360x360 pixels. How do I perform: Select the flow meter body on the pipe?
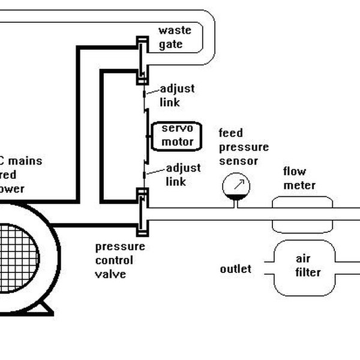click(x=302, y=214)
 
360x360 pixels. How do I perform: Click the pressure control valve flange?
click(x=142, y=213)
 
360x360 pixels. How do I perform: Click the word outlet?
click(x=236, y=269)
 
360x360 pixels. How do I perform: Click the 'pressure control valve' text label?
click(x=120, y=260)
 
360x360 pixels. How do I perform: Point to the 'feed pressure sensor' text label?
click(x=243, y=147)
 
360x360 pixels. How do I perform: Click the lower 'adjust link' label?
click(x=183, y=175)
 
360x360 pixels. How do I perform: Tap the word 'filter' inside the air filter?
click(x=308, y=272)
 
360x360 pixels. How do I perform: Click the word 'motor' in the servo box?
click(x=178, y=142)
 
